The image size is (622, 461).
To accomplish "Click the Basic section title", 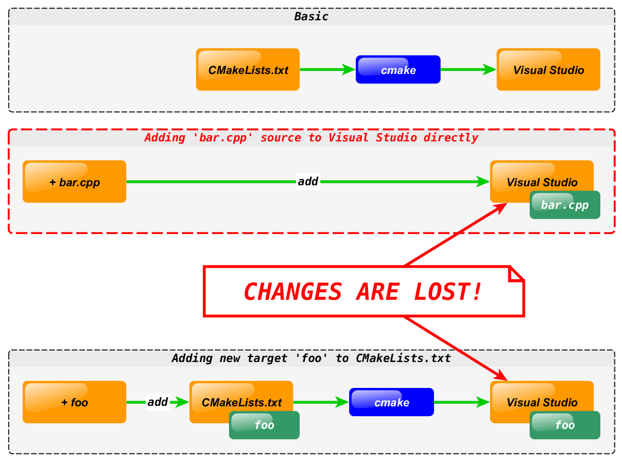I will (311, 16).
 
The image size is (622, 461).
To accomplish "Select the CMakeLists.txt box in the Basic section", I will (248, 70).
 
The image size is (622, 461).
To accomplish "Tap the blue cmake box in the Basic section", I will (398, 70).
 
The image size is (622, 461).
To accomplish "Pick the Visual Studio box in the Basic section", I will (548, 70).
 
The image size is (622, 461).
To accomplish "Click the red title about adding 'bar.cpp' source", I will (311, 138).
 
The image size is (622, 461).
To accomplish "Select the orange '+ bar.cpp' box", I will (74, 182).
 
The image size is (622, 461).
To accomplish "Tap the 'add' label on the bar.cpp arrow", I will (308, 181).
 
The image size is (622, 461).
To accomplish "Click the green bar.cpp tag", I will (565, 205).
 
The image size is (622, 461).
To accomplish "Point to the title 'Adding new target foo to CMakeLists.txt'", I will (311, 358).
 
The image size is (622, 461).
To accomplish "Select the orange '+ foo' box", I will (74, 402).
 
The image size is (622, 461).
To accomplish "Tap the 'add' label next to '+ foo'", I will (157, 402).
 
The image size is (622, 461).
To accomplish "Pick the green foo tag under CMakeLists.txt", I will (264, 425).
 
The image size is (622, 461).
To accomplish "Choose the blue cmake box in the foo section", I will (391, 402).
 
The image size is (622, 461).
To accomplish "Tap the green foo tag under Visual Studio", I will (565, 425).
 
